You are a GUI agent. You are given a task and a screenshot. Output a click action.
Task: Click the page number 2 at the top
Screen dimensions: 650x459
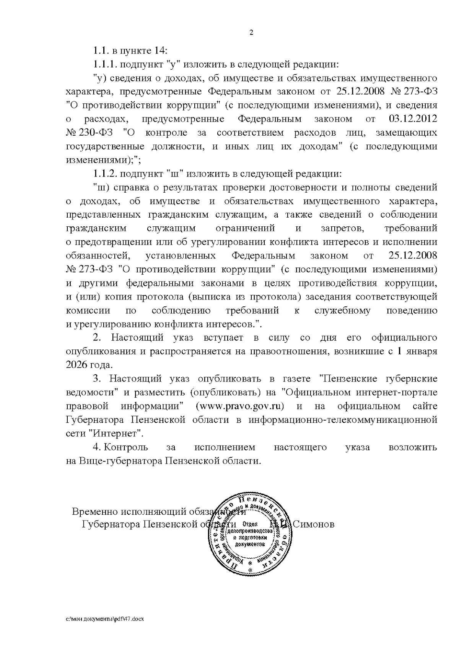coord(251,33)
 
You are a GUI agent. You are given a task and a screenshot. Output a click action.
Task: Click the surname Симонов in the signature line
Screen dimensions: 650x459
coord(313,524)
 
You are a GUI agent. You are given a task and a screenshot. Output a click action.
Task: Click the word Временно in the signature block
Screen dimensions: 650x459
coord(96,512)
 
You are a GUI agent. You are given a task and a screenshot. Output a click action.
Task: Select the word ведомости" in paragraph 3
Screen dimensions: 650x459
coord(91,393)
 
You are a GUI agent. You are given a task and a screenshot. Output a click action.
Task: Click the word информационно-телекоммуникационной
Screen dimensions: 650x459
coord(343,420)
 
